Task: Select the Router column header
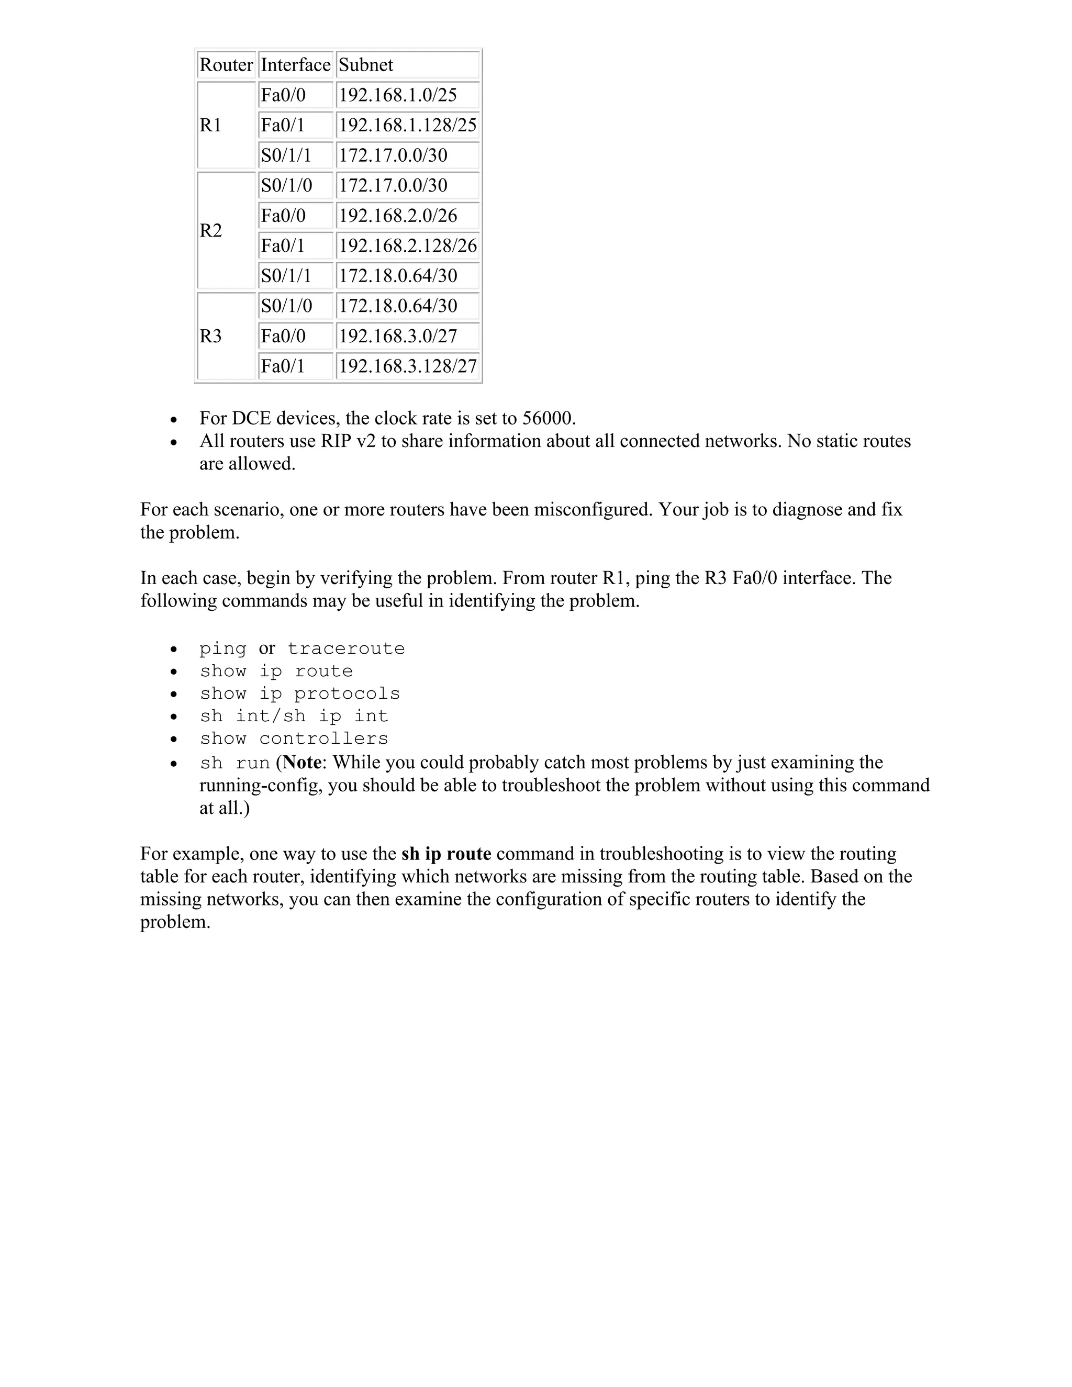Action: pyautogui.click(x=226, y=65)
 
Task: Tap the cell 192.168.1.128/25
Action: pyautogui.click(x=407, y=125)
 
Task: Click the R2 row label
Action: pyautogui.click(x=211, y=230)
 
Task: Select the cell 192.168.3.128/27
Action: pyautogui.click(x=407, y=366)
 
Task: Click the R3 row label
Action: pyautogui.click(x=211, y=336)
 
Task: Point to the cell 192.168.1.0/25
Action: pyautogui.click(x=398, y=95)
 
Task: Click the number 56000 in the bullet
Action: pyautogui.click(x=547, y=419)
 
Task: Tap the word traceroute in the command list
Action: pyautogui.click(x=346, y=648)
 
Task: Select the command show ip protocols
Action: pyautogui.click(x=300, y=693)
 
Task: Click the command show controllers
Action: pyautogui.click(x=294, y=739)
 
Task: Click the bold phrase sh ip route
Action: pyautogui.click(x=446, y=854)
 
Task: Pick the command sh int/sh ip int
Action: pyautogui.click(x=294, y=717)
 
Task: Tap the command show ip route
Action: pyautogui.click(x=276, y=672)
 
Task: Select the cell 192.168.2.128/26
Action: pyautogui.click(x=407, y=246)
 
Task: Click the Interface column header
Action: pyautogui.click(x=295, y=65)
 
